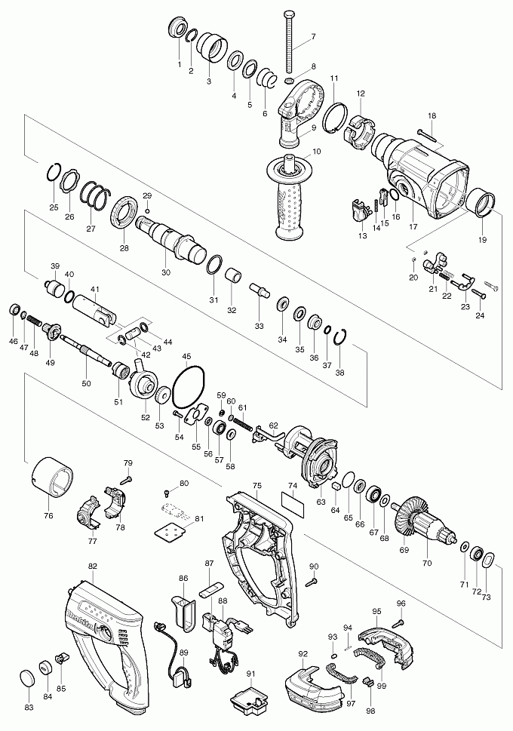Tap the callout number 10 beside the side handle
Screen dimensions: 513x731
tap(317, 152)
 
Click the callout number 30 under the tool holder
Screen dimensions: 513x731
tap(166, 272)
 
